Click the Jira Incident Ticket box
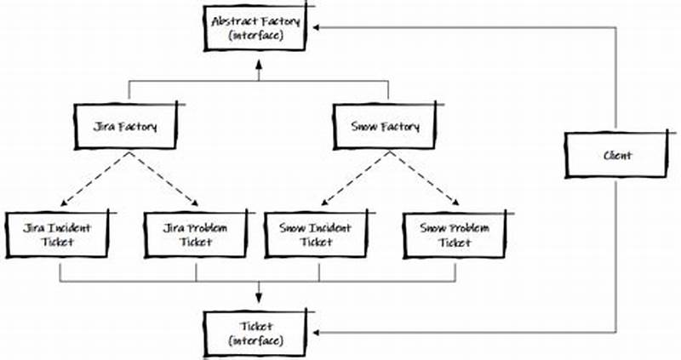[x=59, y=234]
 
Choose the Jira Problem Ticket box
[x=196, y=234]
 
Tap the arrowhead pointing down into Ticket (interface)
[x=259, y=300]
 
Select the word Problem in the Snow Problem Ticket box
[x=468, y=227]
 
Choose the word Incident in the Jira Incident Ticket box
[x=67, y=227]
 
